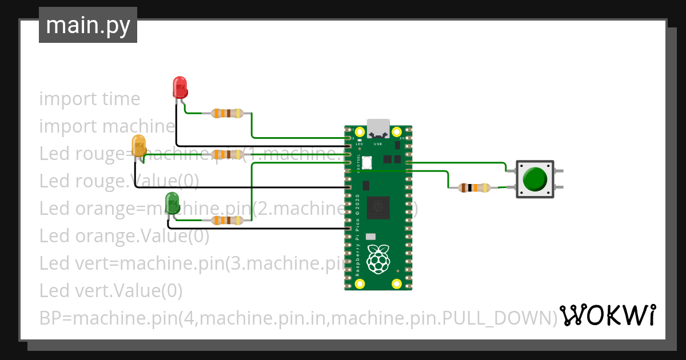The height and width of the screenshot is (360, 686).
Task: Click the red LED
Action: point(180,88)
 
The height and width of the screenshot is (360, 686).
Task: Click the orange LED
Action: point(139,146)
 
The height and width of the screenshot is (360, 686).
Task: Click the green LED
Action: point(172,203)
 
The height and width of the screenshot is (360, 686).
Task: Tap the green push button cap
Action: point(535,179)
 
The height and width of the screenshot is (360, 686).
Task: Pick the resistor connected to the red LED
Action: point(228,113)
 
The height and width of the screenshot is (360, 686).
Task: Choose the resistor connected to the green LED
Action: point(228,220)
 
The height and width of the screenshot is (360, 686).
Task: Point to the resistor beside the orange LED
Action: point(228,154)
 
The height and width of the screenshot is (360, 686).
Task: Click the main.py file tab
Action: point(88,25)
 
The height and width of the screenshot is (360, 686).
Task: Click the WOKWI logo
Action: point(607,315)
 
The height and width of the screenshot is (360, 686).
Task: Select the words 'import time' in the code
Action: point(90,99)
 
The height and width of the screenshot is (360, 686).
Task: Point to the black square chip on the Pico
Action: point(378,207)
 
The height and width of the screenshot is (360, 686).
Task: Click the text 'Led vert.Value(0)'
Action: point(111,291)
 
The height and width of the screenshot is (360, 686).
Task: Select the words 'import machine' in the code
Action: point(107,126)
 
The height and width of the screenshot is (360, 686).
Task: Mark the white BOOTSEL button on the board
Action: point(366,163)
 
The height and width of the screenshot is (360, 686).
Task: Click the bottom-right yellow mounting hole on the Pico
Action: point(397,283)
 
